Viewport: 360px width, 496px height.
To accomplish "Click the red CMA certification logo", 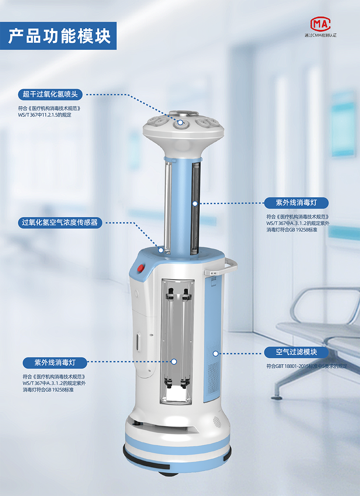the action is pyautogui.click(x=320, y=24).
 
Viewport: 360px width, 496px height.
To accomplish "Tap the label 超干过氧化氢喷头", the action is pyautogui.click(x=50, y=95).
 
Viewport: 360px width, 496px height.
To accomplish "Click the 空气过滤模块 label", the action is pyautogui.click(x=296, y=352).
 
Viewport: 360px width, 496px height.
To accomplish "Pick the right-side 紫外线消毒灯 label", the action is pyautogui.click(x=296, y=203).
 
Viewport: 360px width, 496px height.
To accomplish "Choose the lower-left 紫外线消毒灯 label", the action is pyautogui.click(x=55, y=363).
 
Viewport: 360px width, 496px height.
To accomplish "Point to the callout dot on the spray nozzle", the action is pyautogui.click(x=181, y=122).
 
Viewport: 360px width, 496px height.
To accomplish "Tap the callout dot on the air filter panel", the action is pyautogui.click(x=215, y=353).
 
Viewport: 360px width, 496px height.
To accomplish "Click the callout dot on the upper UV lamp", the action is pyautogui.click(x=195, y=203).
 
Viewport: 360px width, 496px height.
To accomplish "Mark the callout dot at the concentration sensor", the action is pyautogui.click(x=161, y=250).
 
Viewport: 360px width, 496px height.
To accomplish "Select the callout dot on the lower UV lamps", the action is pyautogui.click(x=174, y=362).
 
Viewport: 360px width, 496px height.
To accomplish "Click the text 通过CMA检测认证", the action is pyautogui.click(x=320, y=35).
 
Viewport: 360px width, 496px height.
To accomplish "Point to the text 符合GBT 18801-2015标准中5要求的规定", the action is pyautogui.click(x=307, y=366).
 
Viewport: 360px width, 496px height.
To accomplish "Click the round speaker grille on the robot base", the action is pyautogui.click(x=217, y=422).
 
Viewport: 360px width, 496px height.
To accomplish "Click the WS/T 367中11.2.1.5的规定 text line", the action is pyautogui.click(x=45, y=115).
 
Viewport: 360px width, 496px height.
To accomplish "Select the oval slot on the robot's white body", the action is pyautogui.click(x=139, y=342).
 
